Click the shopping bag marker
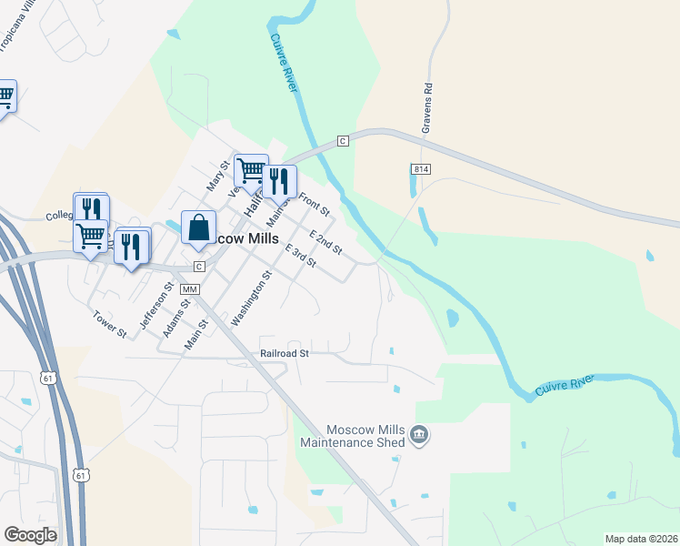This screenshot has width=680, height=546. click(x=198, y=227)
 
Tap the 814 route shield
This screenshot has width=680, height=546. click(x=420, y=169)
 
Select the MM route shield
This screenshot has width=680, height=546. click(x=189, y=288)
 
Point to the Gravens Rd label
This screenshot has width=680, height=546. click(x=425, y=109)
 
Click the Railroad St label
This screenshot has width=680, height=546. click(x=285, y=352)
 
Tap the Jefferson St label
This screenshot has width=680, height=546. click(x=155, y=304)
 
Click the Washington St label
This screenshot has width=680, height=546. click(x=252, y=298)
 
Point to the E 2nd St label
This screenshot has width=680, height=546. click(x=325, y=242)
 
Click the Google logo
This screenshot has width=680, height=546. click(x=30, y=535)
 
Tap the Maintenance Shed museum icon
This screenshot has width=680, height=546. click(x=419, y=436)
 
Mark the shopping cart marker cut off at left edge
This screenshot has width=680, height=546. click(x=5, y=96)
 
